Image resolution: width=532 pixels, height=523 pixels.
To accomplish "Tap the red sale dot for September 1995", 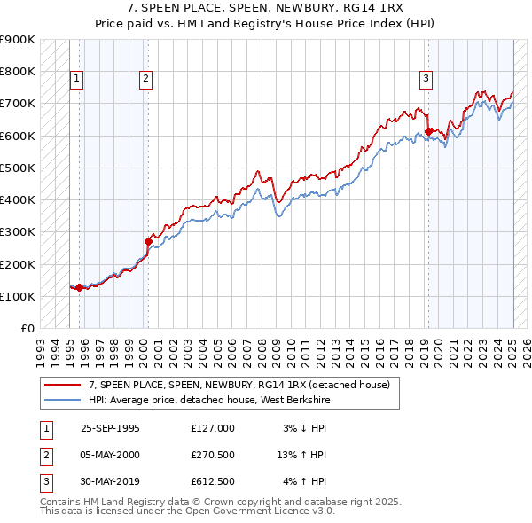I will (79, 287).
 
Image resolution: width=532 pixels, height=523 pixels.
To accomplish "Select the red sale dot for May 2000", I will (148, 240).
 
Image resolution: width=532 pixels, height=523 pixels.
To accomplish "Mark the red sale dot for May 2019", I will (428, 131).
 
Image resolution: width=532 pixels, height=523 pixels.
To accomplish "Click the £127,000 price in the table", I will (212, 428).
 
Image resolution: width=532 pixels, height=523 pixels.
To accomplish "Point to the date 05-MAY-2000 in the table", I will (110, 455).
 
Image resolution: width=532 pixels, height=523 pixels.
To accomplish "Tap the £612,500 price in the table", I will (212, 481).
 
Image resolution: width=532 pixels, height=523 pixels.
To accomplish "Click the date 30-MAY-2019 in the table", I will (110, 481).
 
